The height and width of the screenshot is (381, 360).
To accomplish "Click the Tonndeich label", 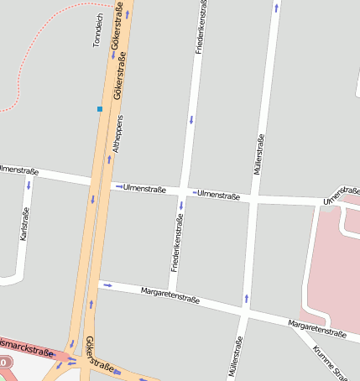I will click(97, 30).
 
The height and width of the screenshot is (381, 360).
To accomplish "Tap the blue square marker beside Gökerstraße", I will click(100, 109).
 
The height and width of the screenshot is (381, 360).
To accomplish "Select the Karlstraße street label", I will click(24, 223).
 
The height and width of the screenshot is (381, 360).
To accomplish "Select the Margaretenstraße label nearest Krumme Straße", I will click(316, 329).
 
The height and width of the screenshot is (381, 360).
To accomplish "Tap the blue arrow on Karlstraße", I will click(29, 185).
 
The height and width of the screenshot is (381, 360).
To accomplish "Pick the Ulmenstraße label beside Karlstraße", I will click(16, 170).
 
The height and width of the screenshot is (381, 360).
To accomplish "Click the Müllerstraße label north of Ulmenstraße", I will click(258, 154).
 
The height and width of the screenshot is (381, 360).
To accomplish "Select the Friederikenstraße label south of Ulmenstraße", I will click(178, 243).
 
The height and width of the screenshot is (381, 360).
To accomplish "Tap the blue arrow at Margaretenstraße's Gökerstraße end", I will click(107, 285).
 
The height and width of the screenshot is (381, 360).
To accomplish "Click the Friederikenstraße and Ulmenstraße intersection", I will click(184, 192).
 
